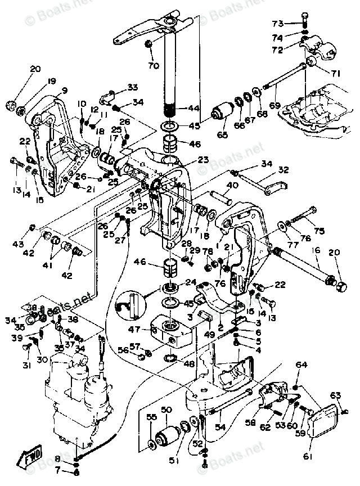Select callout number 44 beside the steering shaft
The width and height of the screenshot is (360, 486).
[x=194, y=107]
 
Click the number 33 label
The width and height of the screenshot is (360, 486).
[x=132, y=88]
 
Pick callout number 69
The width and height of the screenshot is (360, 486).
[x=274, y=106]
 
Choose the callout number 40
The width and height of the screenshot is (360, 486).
[x=232, y=185]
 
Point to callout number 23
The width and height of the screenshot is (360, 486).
[x=202, y=160]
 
